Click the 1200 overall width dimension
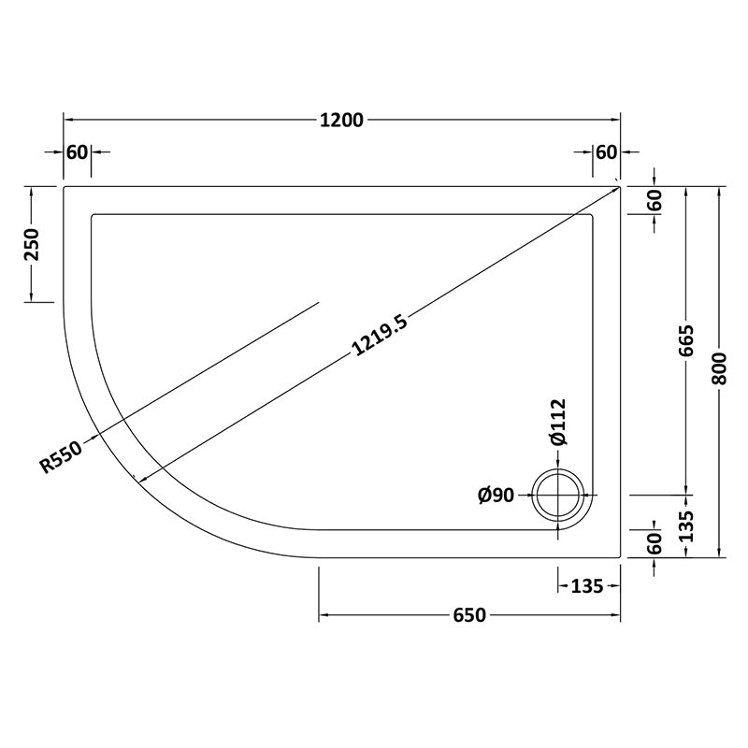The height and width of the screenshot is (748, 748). (x=341, y=121)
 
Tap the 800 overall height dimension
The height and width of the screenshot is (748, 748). (x=719, y=367)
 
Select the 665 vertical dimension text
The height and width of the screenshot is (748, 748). (x=685, y=340)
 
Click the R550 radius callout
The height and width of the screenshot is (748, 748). (x=61, y=457)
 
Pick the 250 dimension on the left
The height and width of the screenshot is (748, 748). (x=33, y=245)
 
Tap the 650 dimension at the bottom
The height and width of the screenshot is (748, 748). (x=469, y=615)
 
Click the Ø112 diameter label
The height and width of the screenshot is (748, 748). (x=558, y=422)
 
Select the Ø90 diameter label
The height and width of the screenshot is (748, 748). (x=496, y=496)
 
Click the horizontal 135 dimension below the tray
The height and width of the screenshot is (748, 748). (x=587, y=586)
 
